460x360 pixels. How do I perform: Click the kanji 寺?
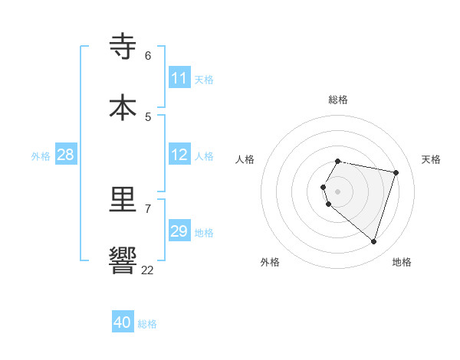coord(123,47)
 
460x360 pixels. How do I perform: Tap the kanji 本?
coord(123,107)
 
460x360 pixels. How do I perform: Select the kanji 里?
coord(123,200)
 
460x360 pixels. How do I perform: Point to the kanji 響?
coord(123,260)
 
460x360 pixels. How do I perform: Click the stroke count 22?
coord(147,270)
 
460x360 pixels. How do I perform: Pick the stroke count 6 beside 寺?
coord(148,56)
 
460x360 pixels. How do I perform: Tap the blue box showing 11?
coord(179,78)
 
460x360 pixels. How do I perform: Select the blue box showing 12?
coord(179,155)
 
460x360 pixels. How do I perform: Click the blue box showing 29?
coord(179,231)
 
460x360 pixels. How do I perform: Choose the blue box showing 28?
coord(66,155)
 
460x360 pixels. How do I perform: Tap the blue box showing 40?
coord(123,322)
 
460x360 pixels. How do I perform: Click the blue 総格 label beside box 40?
coord(147,324)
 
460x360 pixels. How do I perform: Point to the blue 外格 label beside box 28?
coord(41,156)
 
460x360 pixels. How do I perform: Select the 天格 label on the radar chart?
coord(431,159)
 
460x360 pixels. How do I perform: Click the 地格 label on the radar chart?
coord(402,262)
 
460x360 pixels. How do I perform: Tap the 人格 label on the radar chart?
coord(245,159)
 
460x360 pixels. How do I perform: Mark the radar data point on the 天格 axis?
coord(396,172)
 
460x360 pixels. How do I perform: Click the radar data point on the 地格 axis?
coord(373,241)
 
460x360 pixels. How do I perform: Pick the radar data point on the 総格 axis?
coord(338,161)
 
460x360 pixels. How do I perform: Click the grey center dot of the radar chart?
coord(338,191)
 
